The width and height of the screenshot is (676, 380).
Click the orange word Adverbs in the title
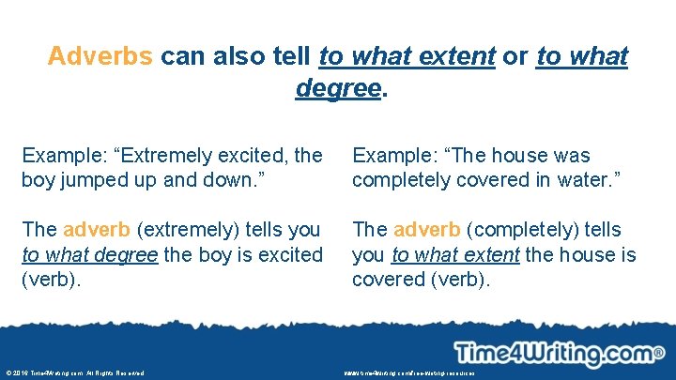100,56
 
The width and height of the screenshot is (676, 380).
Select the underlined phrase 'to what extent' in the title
407,56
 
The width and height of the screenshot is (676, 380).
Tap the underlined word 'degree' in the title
338,87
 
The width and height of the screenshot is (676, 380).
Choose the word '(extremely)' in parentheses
195,230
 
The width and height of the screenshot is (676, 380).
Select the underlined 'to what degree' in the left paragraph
89,254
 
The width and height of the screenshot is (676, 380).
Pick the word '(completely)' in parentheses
531,230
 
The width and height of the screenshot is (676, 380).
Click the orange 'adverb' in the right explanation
428,230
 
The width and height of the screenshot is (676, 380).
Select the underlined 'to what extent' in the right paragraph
455,254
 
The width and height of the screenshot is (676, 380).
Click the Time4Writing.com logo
554,353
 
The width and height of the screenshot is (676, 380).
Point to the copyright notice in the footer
76,373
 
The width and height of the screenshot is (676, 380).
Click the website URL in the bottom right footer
409,373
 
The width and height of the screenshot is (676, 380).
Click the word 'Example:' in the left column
58,155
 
